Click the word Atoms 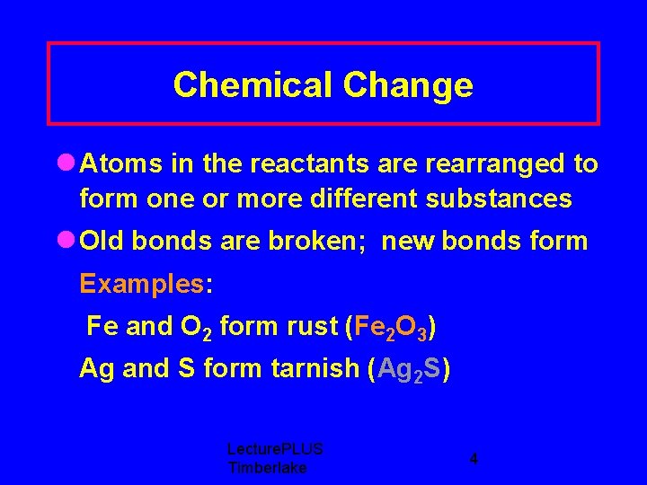tap(120, 163)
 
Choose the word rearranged tap(481, 164)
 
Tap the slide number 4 tap(474, 459)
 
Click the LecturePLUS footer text tap(275, 449)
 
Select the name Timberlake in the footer tap(267, 468)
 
